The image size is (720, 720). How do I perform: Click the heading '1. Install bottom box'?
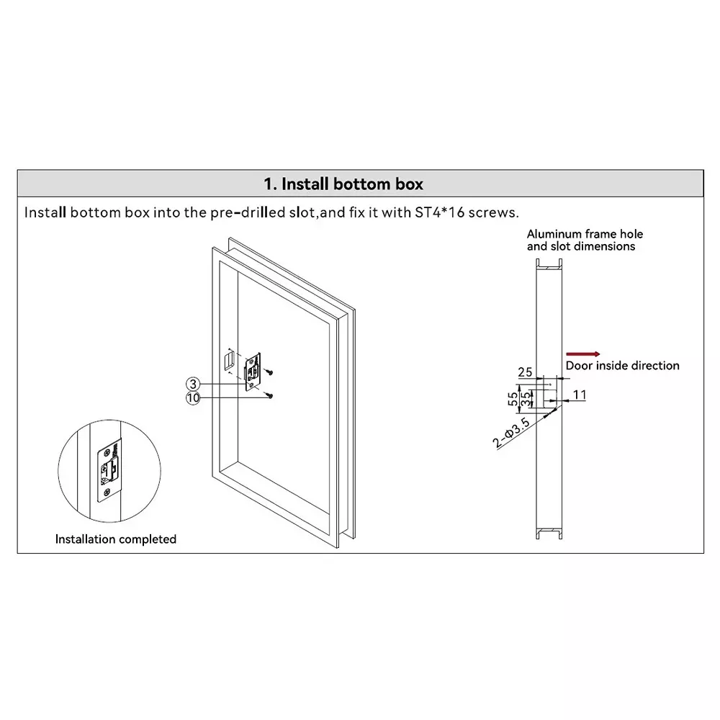343,184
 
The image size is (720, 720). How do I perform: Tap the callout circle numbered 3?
193,384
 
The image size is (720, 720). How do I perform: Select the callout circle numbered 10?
193,397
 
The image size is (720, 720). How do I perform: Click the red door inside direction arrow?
582,354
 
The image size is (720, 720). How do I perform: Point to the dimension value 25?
525,372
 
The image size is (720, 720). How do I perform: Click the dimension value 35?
527,397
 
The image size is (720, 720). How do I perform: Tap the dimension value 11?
580,395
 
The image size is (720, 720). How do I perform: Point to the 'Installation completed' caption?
116,539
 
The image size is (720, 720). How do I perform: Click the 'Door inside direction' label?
622,366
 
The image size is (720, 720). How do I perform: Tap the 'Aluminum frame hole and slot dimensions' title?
585,240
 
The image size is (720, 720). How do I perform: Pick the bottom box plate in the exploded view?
253,372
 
